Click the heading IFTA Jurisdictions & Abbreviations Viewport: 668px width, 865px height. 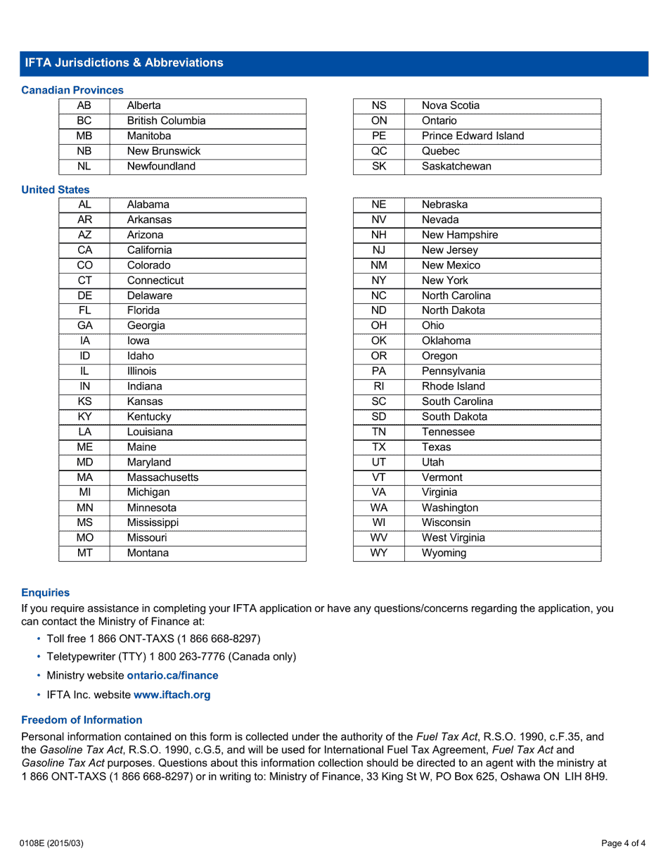point(124,63)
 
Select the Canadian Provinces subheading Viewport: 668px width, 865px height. point(72,90)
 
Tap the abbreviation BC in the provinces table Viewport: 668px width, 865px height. point(84,121)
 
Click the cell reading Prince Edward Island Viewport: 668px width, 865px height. point(473,136)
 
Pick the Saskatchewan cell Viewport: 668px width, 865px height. point(456,167)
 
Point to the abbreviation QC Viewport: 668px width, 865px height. point(379,151)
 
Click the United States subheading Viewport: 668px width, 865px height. point(56,190)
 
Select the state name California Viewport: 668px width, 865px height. point(149,250)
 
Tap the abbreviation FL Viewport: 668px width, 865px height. point(84,311)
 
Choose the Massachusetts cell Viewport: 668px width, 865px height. point(162,478)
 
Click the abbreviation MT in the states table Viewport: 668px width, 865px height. point(84,553)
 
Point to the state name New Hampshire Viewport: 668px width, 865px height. point(459,235)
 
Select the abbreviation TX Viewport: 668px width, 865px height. point(379,447)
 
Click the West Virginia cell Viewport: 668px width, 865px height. point(453,538)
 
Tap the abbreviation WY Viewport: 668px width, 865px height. point(379,553)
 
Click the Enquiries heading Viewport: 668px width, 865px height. point(46,593)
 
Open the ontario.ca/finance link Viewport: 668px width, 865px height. point(172,676)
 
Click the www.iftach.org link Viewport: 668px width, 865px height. point(172,695)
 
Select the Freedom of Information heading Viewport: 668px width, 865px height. point(82,720)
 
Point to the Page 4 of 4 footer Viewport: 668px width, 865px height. point(623,843)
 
